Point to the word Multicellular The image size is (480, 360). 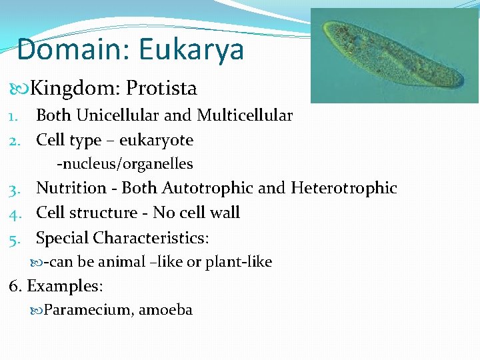pos(245,115)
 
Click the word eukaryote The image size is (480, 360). pos(156,140)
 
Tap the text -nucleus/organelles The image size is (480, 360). pos(125,163)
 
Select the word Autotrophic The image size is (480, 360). pos(207,189)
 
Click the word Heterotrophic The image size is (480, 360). pos(343,189)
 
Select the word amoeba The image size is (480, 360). pos(165,310)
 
